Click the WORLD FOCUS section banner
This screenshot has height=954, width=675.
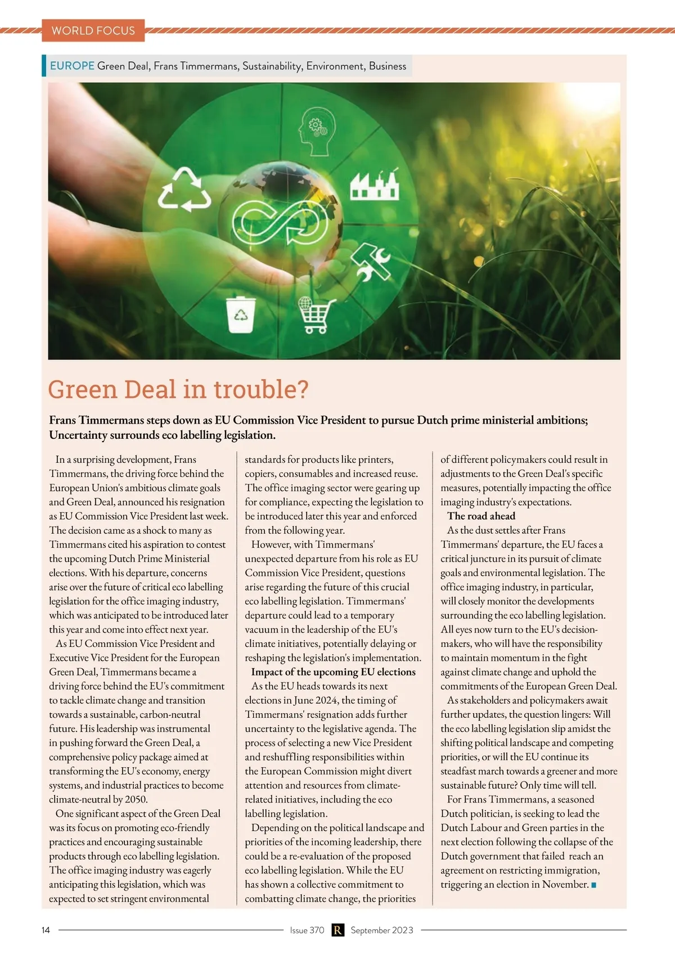coord(93,30)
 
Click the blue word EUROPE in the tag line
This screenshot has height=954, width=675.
coord(72,66)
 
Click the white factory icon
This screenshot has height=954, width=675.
coord(375,183)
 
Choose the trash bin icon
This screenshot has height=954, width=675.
coord(241,316)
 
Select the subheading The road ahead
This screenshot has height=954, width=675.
coord(481,516)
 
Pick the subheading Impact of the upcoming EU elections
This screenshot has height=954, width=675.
coord(333,672)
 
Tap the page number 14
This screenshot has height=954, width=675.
coord(46,930)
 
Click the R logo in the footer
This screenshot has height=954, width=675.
coord(337,930)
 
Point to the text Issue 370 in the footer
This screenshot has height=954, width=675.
coord(307,930)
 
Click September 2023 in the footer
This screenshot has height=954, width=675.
coord(382,930)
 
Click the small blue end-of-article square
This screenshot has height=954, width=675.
coord(593,885)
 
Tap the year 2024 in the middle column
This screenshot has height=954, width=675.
coord(325,700)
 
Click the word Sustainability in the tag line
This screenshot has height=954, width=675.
coord(272,66)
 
